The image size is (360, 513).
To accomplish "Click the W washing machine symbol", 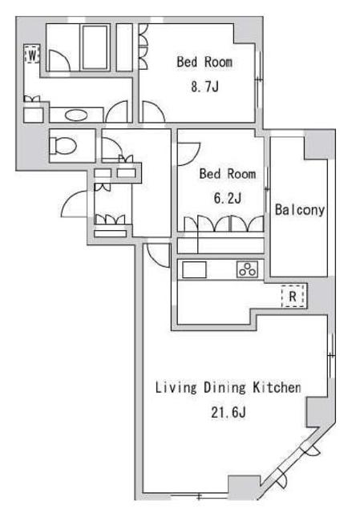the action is [32, 55].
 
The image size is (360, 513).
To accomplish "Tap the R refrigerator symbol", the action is [293, 296].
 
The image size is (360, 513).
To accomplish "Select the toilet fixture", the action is [63, 145].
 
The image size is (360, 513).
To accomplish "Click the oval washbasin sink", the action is [76, 115].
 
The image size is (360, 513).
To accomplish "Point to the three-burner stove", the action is [248, 269].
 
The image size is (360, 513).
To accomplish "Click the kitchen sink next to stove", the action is [194, 270].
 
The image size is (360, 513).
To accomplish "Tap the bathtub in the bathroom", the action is [95, 47].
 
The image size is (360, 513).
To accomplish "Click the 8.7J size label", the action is [204, 87].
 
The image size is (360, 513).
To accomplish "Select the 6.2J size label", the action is [228, 198].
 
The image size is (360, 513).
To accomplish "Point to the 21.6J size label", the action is [229, 413].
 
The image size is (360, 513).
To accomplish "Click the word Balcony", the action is [299, 210].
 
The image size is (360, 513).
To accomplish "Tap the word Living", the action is [176, 388].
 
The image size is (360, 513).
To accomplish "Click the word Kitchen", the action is [277, 387].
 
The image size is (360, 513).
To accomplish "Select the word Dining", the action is [224, 388].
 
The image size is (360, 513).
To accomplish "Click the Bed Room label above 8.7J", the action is [204, 62].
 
